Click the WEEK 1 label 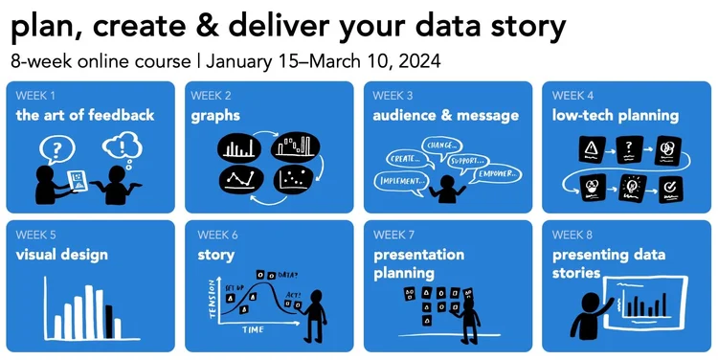pos(34,96)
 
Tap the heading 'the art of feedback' pos(84,116)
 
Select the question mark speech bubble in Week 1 pos(58,149)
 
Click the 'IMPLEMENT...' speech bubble pos(403,179)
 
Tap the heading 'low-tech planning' pos(615,116)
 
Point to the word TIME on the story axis pos(255,329)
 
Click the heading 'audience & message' pos(445,116)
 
